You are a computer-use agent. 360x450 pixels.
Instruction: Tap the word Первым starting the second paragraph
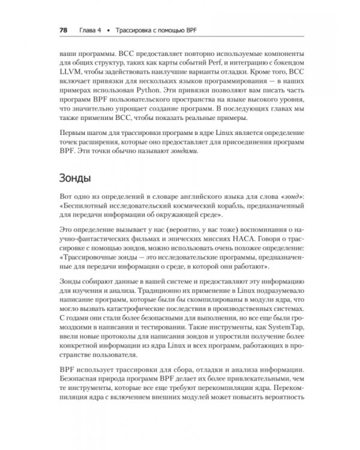(74, 131)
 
